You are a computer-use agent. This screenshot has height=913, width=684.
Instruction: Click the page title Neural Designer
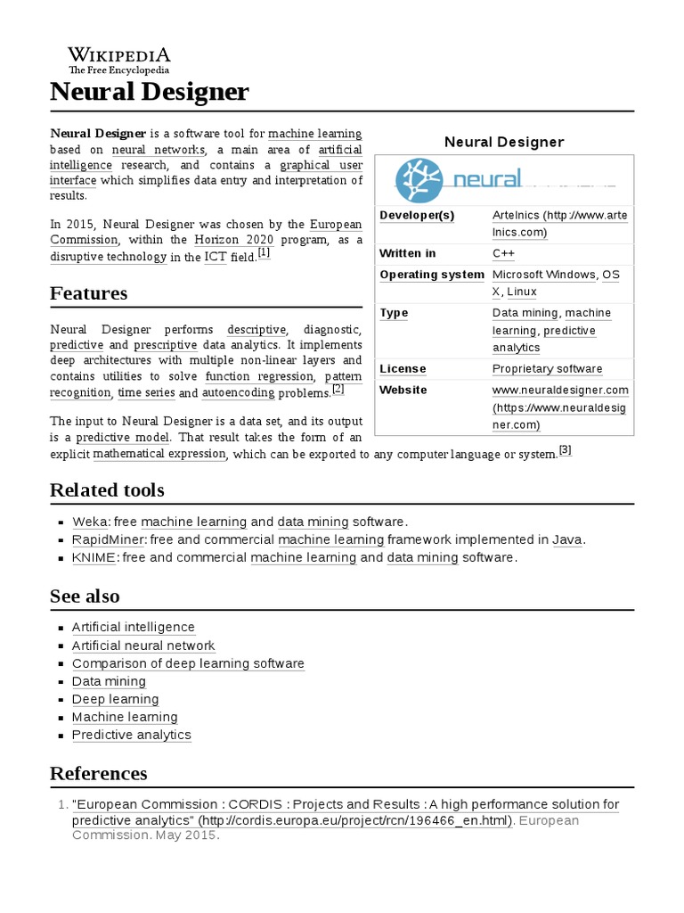tap(150, 91)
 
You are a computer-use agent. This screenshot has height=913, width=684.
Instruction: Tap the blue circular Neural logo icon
tap(419, 180)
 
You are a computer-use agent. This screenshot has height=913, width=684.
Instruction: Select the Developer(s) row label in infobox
tap(417, 216)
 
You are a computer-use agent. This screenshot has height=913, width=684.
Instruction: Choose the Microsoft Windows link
tap(543, 275)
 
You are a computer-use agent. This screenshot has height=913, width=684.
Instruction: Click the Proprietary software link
tap(547, 369)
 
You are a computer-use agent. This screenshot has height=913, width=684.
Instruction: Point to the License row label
tap(403, 369)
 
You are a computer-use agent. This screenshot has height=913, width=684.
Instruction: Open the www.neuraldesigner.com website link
tap(560, 391)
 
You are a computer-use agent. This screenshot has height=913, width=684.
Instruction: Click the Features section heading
tap(88, 293)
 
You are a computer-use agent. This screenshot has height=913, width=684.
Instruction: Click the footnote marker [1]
tap(264, 254)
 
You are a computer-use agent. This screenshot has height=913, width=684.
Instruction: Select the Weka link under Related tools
tap(90, 522)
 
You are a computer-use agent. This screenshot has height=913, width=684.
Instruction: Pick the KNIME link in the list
tap(94, 557)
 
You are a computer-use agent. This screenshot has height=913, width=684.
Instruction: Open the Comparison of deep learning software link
tap(188, 663)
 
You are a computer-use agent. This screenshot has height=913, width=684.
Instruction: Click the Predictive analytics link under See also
tap(131, 735)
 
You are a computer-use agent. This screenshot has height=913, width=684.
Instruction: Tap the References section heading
tap(98, 773)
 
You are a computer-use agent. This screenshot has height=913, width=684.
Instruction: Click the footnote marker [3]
tap(565, 450)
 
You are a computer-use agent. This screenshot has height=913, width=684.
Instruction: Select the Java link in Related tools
tap(566, 539)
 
